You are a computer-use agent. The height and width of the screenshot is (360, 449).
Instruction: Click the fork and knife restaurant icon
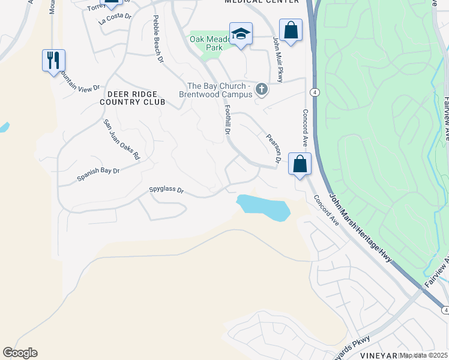click(53, 60)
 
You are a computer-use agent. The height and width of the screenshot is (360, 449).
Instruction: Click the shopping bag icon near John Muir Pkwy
click(291, 30)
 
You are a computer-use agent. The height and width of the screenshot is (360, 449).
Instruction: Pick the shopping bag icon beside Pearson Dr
click(300, 164)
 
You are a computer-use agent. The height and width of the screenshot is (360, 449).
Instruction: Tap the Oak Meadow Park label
click(206, 43)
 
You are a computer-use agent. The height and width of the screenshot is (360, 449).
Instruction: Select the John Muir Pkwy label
click(278, 59)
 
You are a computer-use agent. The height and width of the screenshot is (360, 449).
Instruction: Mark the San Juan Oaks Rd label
click(121, 139)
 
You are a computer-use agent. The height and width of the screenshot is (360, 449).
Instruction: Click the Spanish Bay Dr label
click(98, 175)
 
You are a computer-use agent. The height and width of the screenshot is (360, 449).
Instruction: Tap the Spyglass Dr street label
click(166, 191)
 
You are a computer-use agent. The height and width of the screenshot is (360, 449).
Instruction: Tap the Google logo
click(20, 353)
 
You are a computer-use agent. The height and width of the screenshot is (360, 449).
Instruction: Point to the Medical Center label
click(262, 2)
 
